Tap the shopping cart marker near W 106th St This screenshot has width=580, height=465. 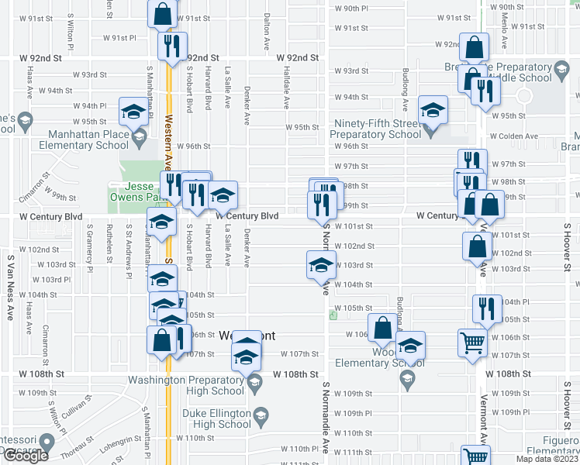click(471, 342)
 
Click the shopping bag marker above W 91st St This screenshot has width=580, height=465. click(163, 13)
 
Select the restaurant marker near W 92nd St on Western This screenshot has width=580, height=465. click(172, 46)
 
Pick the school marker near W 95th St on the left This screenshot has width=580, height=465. click(133, 112)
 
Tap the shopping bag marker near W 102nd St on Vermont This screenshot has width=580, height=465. click(477, 246)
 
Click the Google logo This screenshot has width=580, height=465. click(26, 456)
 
